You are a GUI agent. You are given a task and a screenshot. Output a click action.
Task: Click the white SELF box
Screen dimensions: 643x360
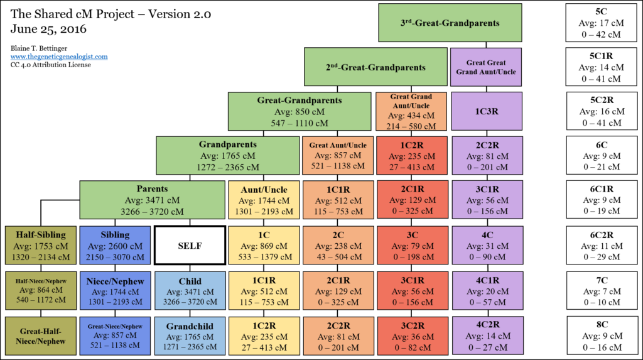pyautogui.click(x=190, y=246)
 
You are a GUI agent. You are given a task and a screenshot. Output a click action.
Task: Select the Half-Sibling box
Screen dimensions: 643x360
pyautogui.click(x=41, y=245)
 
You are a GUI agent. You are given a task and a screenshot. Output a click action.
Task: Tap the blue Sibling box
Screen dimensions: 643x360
pyautogui.click(x=115, y=245)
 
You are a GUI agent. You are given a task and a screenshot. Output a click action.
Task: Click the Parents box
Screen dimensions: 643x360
pyautogui.click(x=152, y=200)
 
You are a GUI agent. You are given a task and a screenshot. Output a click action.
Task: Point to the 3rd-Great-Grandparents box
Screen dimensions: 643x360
pyautogui.click(x=450, y=23)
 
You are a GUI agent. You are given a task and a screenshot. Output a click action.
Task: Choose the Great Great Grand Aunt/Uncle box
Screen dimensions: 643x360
pyautogui.click(x=486, y=67)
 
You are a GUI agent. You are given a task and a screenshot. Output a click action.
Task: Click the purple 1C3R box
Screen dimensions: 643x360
pyautogui.click(x=487, y=111)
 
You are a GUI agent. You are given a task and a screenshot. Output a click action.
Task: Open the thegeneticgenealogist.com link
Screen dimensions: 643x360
pyautogui.click(x=59, y=57)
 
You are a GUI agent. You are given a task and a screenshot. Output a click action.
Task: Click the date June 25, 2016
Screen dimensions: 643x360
pyautogui.click(x=48, y=29)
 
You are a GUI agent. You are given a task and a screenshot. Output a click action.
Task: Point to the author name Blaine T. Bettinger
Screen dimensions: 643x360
pyautogui.click(x=39, y=48)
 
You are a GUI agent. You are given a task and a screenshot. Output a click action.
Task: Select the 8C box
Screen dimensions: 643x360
pyautogui.click(x=602, y=335)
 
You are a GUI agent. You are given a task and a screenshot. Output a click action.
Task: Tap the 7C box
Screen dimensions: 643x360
pyautogui.click(x=602, y=291)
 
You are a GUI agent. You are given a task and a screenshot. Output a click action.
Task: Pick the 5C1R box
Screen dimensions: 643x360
pyautogui.click(x=601, y=67)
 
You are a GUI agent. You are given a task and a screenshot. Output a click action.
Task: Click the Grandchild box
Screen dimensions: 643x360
pyautogui.click(x=190, y=335)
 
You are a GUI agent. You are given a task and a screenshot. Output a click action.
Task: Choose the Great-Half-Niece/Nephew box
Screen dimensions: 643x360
pyautogui.click(x=41, y=335)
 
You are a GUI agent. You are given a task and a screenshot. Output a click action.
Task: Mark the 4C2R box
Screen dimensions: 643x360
pyautogui.click(x=487, y=335)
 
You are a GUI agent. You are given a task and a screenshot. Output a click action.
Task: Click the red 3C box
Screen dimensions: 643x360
pyautogui.click(x=413, y=245)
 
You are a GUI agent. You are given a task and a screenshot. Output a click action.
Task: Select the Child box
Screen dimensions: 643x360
pyautogui.click(x=190, y=291)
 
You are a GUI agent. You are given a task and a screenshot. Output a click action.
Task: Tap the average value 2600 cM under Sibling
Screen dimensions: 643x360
pyautogui.click(x=115, y=246)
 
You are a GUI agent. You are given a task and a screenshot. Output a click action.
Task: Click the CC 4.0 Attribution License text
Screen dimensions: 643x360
pyautogui.click(x=51, y=65)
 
